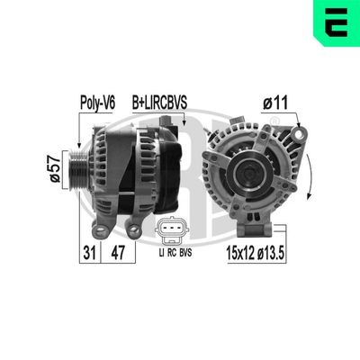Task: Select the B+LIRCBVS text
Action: click(160, 103)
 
